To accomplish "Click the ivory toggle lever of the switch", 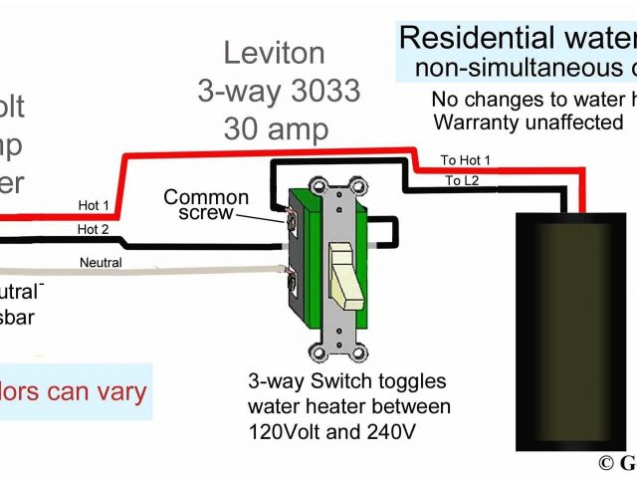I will click(x=342, y=274).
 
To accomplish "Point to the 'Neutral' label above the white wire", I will click(x=101, y=263).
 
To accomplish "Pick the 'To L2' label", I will click(x=461, y=180).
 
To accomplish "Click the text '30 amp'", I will click(x=277, y=129).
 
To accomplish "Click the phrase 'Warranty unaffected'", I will click(x=529, y=122).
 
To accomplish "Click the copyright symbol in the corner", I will click(x=605, y=464).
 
